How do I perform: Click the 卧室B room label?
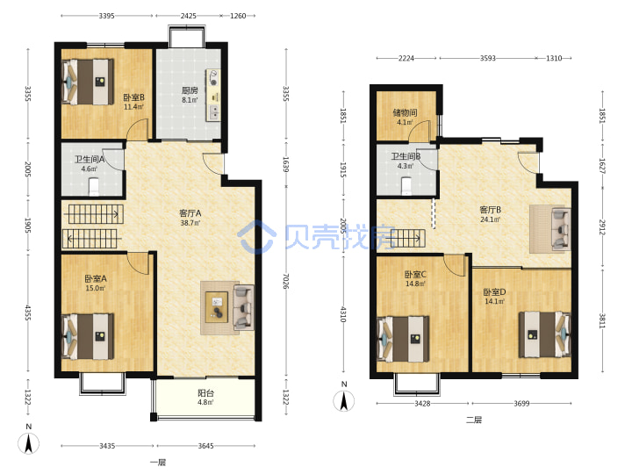tap(133, 97)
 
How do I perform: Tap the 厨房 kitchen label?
tap(190, 90)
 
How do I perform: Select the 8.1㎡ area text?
tap(190, 100)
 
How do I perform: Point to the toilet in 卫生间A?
tap(94, 186)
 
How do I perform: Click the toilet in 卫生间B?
tap(406, 185)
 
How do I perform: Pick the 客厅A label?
tap(190, 213)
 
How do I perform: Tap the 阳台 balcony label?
tap(205, 393)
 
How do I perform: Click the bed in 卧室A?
tap(88, 336)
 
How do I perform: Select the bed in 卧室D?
tap(544, 334)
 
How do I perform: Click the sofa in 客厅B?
tap(561, 227)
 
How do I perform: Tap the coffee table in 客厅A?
tap(217, 307)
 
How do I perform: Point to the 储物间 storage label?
tap(405, 112)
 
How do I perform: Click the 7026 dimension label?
tap(285, 282)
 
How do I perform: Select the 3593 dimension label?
tap(488, 58)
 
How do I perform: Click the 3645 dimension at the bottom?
tap(205, 446)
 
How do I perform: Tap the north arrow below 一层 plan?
tap(29, 443)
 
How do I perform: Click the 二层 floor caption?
tap(474, 420)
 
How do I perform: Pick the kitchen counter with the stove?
tap(213, 95)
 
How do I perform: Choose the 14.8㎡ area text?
tap(415, 284)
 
